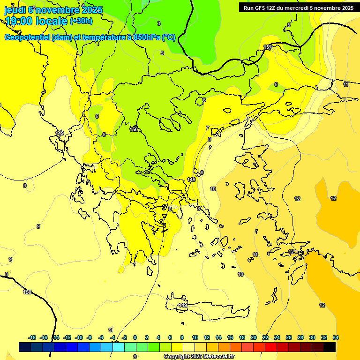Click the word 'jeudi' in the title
coord(15,9)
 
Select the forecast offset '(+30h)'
coord(81,21)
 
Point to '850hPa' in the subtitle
coord(146,37)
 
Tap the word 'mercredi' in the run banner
coord(300,8)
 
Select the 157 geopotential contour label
coord(268,48)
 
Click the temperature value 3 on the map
coord(159,23)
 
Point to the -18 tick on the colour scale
coord(32,337)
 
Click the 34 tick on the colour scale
coord(336,337)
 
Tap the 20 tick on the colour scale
coord(254,337)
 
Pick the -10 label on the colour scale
coord(79,337)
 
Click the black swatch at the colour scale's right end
coord(329,347)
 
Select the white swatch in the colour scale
coord(188,347)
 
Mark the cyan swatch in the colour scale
coord(118,347)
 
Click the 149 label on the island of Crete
coord(183,305)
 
